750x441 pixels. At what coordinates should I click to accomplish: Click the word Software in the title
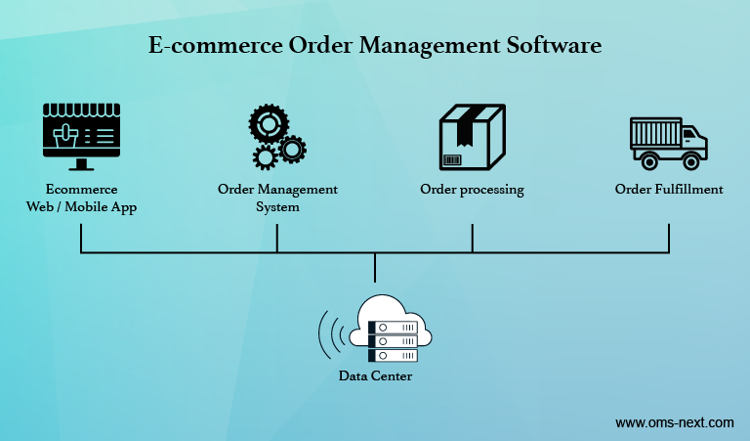pos(548,45)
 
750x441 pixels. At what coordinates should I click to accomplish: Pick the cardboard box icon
pos(472,138)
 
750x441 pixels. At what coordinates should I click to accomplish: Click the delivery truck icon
pos(669,143)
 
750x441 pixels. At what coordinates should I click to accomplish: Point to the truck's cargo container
pos(653,135)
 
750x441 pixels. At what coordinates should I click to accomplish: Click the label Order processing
pos(472,190)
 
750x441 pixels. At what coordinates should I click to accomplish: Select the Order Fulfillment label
pos(669,190)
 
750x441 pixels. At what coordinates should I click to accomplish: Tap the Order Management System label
pos(277,198)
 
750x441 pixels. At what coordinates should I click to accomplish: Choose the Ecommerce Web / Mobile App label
pos(82,198)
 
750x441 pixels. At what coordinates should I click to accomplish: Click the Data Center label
pos(375,375)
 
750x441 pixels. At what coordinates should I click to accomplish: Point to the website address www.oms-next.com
pos(674,422)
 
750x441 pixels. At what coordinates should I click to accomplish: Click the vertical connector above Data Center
pos(375,270)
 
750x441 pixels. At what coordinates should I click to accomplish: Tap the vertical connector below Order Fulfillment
pos(669,238)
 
